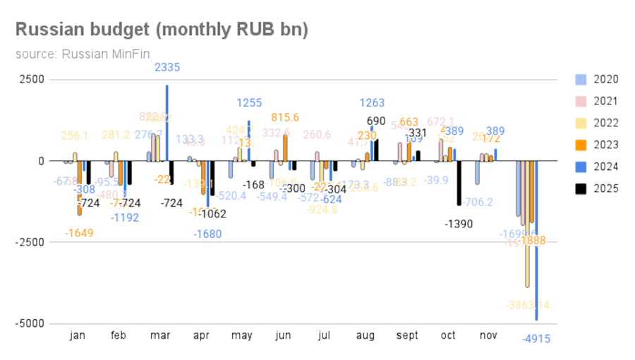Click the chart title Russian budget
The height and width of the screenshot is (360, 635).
coord(162,30)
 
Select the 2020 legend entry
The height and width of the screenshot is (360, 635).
coord(606,79)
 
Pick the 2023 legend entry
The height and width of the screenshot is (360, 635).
coord(606,145)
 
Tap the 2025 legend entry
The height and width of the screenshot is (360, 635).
coord(606,188)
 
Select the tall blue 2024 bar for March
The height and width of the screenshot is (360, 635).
coord(167,123)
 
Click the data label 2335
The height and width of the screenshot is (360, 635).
coord(167,68)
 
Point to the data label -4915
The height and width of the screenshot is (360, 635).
coord(536,339)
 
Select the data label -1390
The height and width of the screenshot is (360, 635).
coord(459,224)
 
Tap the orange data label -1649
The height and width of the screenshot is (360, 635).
coord(80,233)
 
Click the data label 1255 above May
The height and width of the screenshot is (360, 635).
coord(250,103)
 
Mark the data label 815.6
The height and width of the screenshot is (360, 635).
coord(285,117)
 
